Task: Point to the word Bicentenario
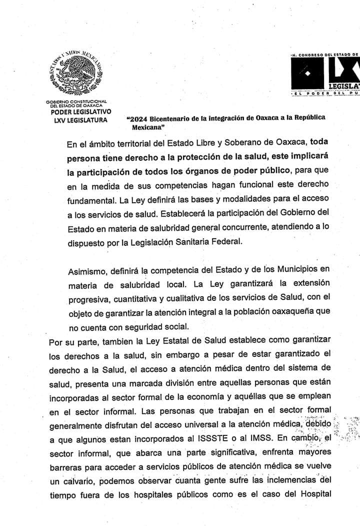tap(173, 118)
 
